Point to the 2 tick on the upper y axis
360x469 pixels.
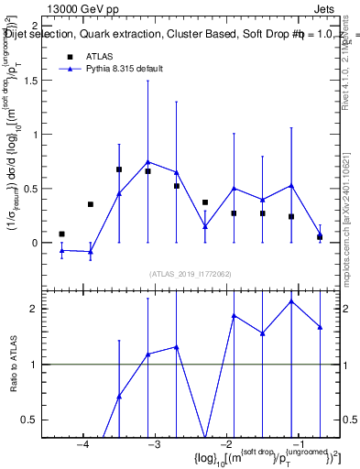pyautogui.click(x=46, y=27)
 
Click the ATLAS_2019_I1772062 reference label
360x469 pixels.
pyautogui.click(x=191, y=274)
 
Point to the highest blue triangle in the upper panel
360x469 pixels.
pyautogui.click(x=147, y=162)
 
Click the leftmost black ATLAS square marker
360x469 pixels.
pyautogui.click(x=61, y=234)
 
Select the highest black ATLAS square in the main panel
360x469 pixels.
pyautogui.click(x=119, y=169)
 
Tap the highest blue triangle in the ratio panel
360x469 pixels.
pyautogui.click(x=291, y=301)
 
